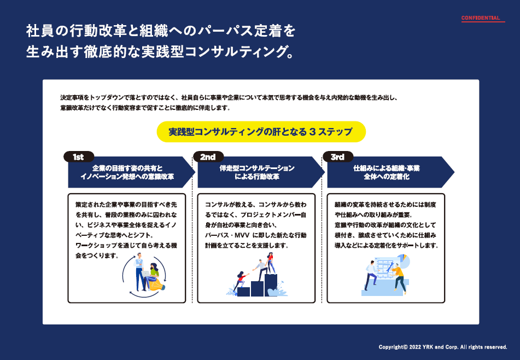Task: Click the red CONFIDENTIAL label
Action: tap(481, 18)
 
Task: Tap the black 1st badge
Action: tap(78, 157)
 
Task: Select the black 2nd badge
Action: tap(208, 157)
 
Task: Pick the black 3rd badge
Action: tap(337, 157)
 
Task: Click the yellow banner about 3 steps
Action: tap(260, 132)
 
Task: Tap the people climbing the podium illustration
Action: tap(258, 276)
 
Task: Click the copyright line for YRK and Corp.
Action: tap(443, 347)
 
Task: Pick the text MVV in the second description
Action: tap(238, 235)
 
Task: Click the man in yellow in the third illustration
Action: tap(398, 274)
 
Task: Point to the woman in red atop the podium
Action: tap(270, 263)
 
